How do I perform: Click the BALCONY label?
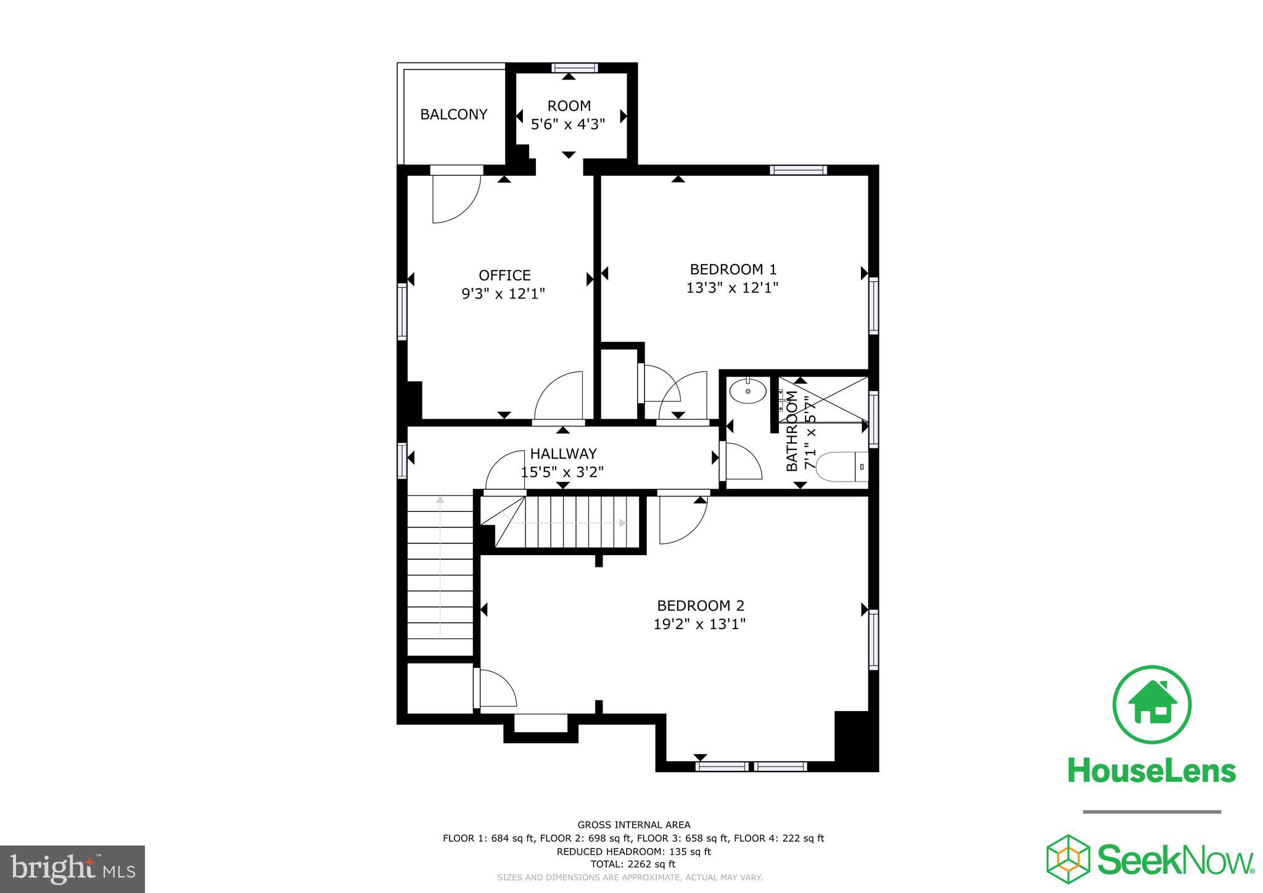(x=453, y=115)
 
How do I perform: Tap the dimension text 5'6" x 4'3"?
(x=568, y=124)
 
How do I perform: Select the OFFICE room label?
(x=504, y=275)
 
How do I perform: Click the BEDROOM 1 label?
(x=733, y=270)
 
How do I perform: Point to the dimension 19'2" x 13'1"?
(x=699, y=624)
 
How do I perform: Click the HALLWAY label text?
(x=563, y=454)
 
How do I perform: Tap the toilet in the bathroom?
(x=841, y=467)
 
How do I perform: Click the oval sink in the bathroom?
(x=747, y=391)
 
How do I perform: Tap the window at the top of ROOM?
(x=574, y=68)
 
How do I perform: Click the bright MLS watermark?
(x=72, y=869)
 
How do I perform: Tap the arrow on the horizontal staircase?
(x=567, y=523)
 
